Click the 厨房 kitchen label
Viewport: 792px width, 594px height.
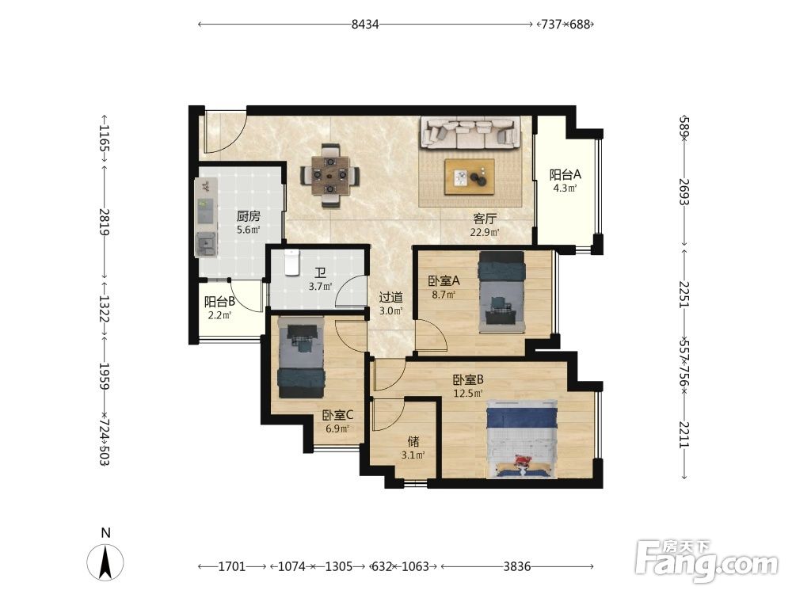pos(248,217)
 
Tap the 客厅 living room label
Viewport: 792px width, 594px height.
pos(485,219)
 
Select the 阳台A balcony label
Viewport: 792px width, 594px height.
pos(565,175)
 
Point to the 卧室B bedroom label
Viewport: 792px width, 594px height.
pos(468,379)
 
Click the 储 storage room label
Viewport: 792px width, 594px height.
pos(413,442)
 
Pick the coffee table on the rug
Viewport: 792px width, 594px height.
pos(469,177)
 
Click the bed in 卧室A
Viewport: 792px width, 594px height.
pos(501,292)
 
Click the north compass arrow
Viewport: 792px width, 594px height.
pos(105,562)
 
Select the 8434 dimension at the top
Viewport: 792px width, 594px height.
pos(365,24)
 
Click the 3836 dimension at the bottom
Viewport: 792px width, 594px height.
pos(516,566)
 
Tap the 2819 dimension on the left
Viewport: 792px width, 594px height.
pos(105,223)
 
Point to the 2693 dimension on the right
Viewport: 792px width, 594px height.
pos(684,192)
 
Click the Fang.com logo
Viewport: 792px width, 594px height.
pos(706,562)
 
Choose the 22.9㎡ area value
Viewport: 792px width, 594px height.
pos(485,232)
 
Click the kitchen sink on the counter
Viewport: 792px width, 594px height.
pos(206,244)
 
